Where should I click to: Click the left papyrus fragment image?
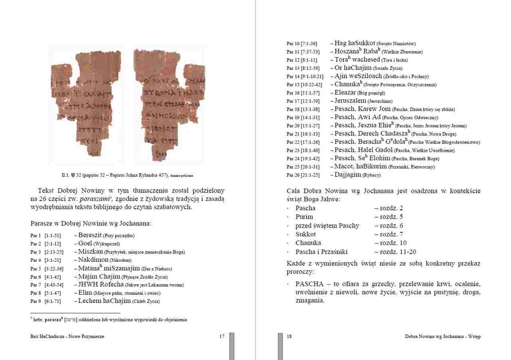(85, 104)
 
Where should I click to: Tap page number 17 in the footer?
(222, 336)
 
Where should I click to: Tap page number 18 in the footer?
(289, 336)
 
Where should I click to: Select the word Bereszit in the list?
(90, 235)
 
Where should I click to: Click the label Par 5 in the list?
(36, 269)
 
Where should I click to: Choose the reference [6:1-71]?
(53, 301)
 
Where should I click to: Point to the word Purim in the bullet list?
(304, 217)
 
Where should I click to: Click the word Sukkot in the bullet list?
(305, 234)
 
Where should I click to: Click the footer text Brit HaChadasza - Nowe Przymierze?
(67, 336)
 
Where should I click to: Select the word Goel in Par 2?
(85, 243)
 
